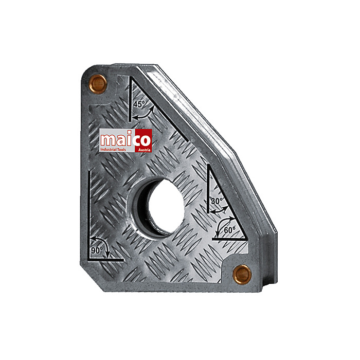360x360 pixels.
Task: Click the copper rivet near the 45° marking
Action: click(x=98, y=84)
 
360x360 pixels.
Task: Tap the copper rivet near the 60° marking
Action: click(x=242, y=274)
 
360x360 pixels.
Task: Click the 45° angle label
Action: click(x=139, y=104)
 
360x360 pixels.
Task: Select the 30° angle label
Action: click(x=217, y=201)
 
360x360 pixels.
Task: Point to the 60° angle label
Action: click(x=229, y=230)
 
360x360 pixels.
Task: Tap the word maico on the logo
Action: click(x=125, y=140)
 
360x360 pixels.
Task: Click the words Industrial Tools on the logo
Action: click(x=113, y=150)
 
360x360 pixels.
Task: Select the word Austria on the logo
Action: click(x=144, y=150)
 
